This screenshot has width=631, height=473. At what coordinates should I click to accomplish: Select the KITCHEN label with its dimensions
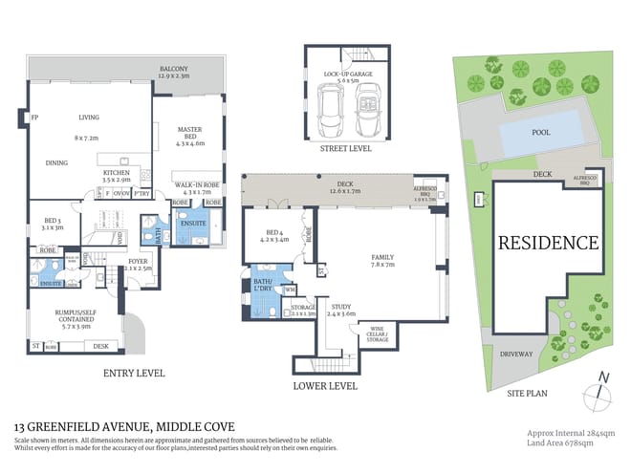[116, 176]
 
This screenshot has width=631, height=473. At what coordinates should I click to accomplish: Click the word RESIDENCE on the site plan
[548, 243]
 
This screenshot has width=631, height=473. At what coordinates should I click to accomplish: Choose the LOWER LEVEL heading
[325, 386]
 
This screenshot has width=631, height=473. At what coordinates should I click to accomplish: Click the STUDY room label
[341, 309]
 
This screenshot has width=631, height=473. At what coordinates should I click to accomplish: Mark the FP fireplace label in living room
[34, 118]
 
